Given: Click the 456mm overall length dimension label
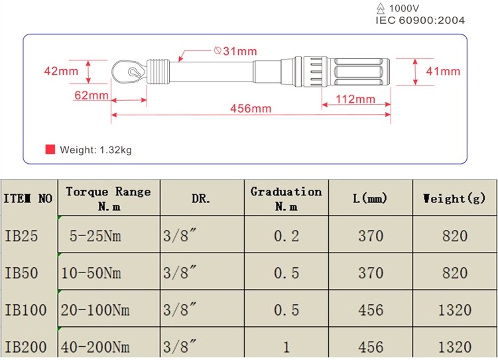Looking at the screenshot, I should tap(250, 109).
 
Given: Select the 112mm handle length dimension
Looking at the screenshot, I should tap(356, 99).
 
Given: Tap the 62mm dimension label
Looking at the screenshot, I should tap(91, 95).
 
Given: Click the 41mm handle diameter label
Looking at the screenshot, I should tap(443, 72).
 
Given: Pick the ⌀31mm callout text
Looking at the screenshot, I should tap(235, 51).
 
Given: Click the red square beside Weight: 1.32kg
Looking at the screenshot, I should tap(50, 150).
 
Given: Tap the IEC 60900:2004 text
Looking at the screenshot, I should tap(420, 20).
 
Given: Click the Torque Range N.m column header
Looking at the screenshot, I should tap(108, 198).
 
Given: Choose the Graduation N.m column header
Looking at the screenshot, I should tap(286, 198).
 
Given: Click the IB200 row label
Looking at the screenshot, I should tap(25, 347).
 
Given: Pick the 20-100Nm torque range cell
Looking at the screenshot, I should tap(95, 310).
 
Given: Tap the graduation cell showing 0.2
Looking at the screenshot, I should tap(286, 235).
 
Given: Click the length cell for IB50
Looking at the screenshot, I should tap(370, 272).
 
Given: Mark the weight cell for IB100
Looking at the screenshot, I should tap(454, 310).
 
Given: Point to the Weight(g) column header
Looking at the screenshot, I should tap(454, 198).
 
